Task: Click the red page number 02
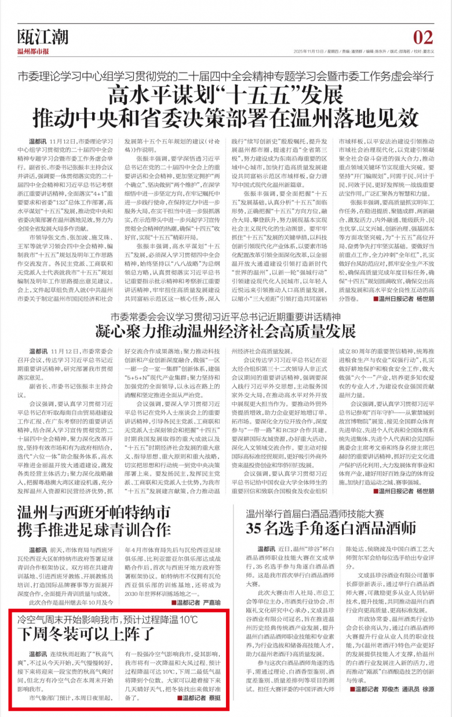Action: [x=423, y=37]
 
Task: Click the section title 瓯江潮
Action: [x=43, y=37]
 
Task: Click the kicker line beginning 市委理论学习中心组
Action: [x=226, y=76]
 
